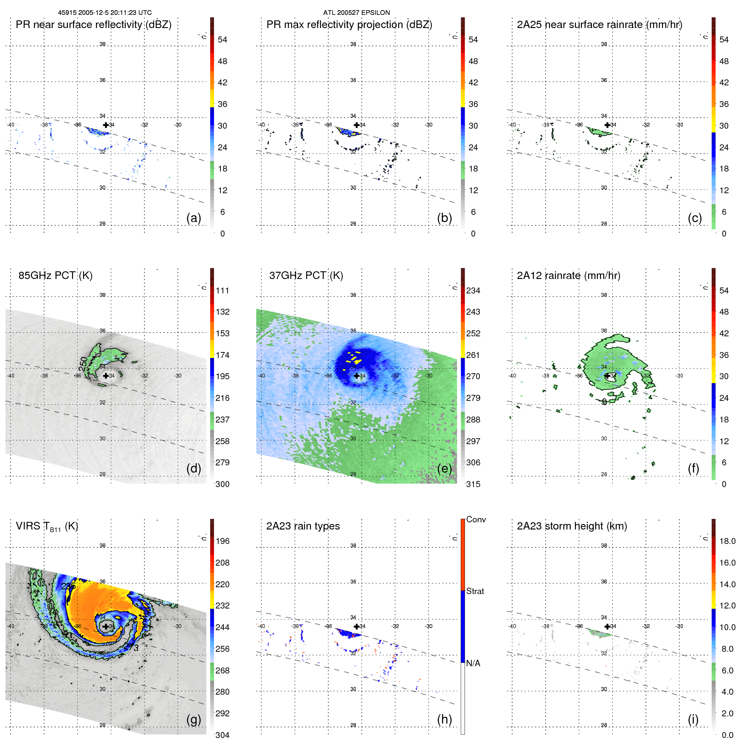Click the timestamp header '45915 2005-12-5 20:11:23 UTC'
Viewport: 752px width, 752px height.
(x=104, y=13)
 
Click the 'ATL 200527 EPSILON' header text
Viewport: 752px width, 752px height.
(x=356, y=13)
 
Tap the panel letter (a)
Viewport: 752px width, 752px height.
(x=194, y=218)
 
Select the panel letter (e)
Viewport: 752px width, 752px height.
(x=444, y=468)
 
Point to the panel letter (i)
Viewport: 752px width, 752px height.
(x=693, y=719)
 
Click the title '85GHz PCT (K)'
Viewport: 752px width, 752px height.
(x=55, y=276)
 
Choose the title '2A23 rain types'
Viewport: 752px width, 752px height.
(x=303, y=526)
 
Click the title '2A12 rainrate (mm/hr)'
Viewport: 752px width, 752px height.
(x=569, y=276)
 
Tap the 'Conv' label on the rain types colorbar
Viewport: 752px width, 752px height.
(x=476, y=519)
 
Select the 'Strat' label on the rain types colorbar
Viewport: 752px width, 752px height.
(x=475, y=591)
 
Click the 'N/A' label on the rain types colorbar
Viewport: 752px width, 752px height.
(x=473, y=663)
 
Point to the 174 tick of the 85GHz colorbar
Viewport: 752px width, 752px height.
(x=223, y=355)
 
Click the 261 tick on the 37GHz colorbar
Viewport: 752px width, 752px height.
(x=473, y=355)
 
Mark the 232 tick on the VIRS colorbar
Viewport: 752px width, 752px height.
(x=223, y=606)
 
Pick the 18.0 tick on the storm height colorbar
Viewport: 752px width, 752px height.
(x=727, y=541)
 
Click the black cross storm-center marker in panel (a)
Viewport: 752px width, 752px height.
(x=106, y=125)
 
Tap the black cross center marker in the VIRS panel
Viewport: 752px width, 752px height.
(x=106, y=626)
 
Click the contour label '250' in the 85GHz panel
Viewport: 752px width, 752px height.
(x=83, y=363)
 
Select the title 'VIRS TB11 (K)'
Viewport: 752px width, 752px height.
(x=47, y=527)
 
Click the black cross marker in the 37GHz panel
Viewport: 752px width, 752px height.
(x=356, y=376)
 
